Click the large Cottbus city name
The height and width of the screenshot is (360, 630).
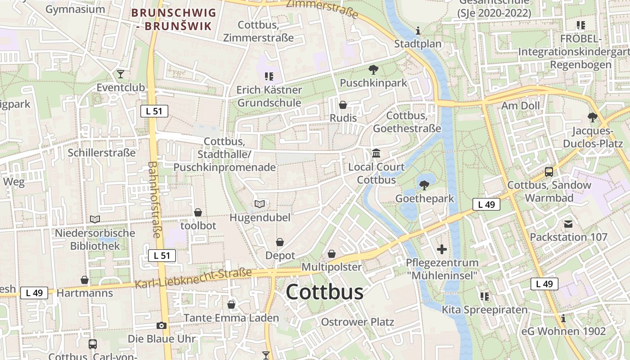coord(324,292)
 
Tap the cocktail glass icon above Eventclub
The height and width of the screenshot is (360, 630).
coord(120,74)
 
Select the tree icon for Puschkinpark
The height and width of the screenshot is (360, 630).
coord(373,70)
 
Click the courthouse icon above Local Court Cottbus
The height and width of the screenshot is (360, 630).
coord(376,153)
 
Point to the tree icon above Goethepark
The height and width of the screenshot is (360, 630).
coord(424,185)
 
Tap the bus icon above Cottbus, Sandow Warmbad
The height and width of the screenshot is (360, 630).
coord(549,171)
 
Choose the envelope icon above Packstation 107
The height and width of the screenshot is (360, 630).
coord(568,224)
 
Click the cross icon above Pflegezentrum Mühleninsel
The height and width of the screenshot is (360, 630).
coord(442,249)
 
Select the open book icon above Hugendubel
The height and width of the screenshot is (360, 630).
coord(260,204)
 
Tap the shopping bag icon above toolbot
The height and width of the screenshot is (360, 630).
coord(198,212)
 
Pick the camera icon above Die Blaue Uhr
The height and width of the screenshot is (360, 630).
coord(162,325)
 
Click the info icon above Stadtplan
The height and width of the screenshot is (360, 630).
coord(418,31)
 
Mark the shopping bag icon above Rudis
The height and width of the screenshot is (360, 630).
coord(343,105)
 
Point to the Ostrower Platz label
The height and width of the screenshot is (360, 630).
coord(357,322)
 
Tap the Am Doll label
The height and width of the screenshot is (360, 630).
coord(521,106)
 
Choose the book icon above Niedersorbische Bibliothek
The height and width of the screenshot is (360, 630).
coord(95,219)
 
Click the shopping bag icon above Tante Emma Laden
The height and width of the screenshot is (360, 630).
coord(231,305)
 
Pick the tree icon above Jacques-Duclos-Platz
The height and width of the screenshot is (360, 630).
coord(592,117)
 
